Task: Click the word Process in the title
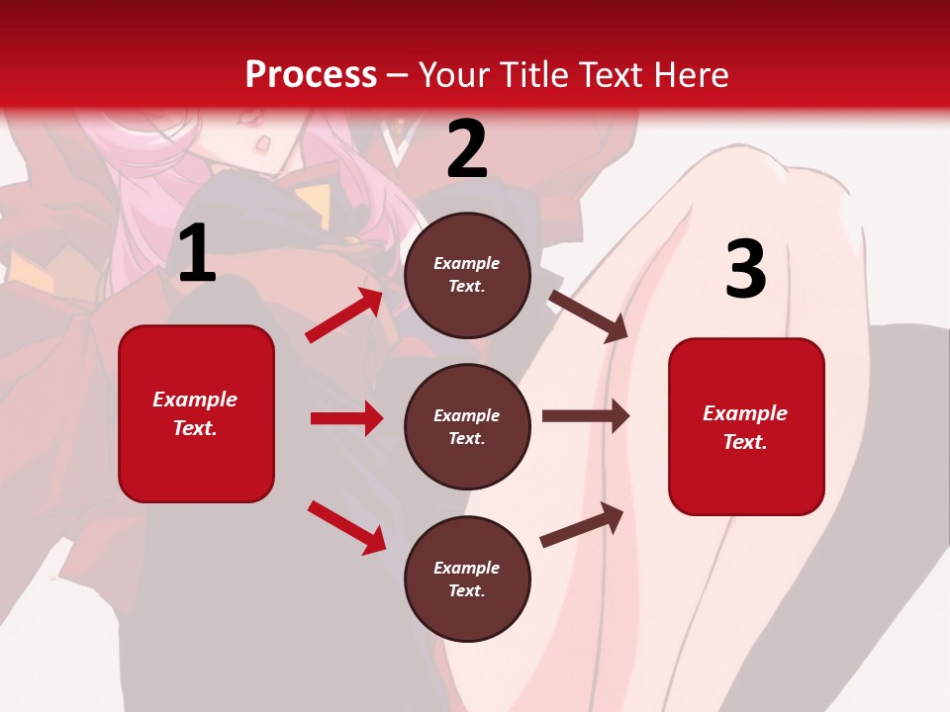(x=311, y=74)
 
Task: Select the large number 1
(x=197, y=254)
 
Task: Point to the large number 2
(x=467, y=149)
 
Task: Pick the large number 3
(x=745, y=270)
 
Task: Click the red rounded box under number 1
(x=196, y=413)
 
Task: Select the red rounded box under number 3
(x=746, y=426)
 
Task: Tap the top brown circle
(x=467, y=275)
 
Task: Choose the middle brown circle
(x=467, y=426)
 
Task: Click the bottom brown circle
(x=467, y=578)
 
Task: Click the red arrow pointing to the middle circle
(x=346, y=418)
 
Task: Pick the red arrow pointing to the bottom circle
(x=346, y=527)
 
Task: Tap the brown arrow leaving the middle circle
(x=586, y=416)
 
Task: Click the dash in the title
(x=398, y=76)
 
